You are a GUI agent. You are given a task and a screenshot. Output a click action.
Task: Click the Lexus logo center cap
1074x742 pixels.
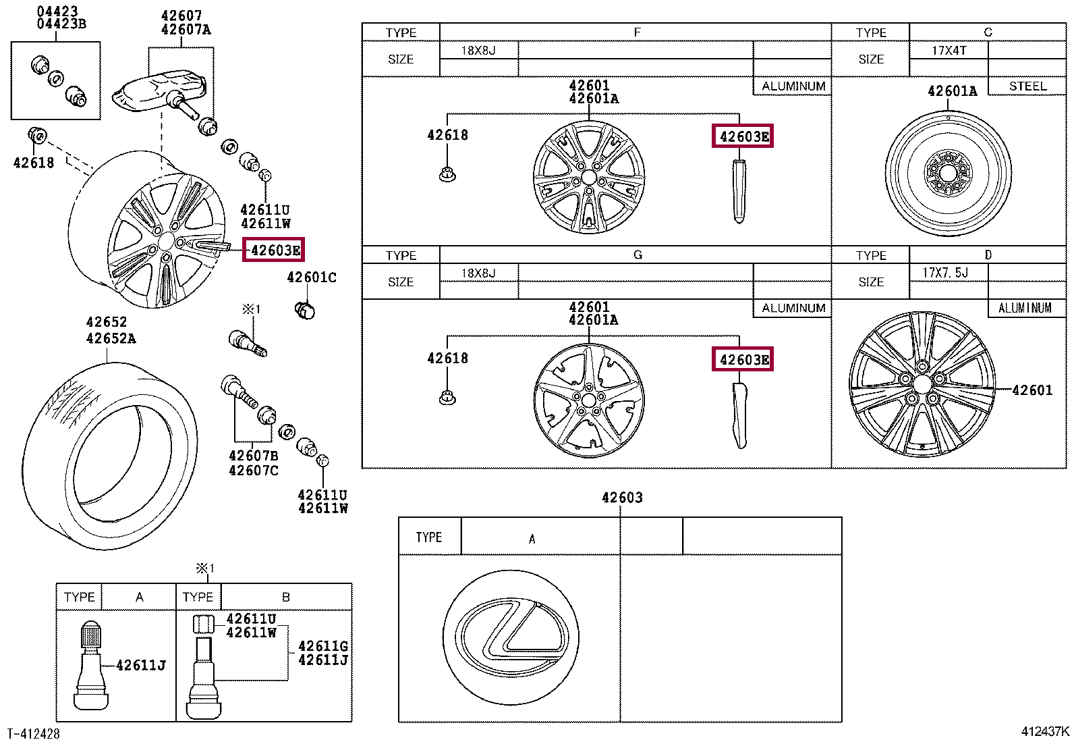[x=511, y=637]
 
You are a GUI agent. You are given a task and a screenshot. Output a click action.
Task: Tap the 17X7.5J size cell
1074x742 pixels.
[x=945, y=273]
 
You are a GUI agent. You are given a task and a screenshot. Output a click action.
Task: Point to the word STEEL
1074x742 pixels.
[x=1027, y=86]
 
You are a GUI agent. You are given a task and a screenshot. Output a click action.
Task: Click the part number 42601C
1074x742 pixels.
[x=312, y=277]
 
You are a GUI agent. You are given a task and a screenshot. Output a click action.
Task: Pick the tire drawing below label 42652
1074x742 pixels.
[x=110, y=456]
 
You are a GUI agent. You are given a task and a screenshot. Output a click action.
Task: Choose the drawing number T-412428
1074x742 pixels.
[x=34, y=734]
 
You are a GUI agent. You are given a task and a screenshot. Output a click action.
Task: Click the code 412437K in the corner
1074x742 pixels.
[x=1045, y=731]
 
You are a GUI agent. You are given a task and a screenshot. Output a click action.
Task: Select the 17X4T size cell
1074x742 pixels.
[x=949, y=51]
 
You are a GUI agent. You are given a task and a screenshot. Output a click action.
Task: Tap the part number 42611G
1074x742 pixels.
[x=323, y=646]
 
